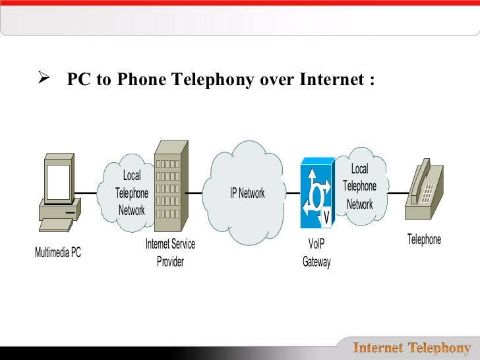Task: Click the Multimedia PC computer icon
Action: point(59,191)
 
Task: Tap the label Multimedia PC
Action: point(58,253)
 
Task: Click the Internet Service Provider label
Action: point(170,253)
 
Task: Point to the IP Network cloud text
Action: point(247,193)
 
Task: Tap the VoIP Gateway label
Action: point(316,253)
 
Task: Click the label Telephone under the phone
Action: point(424,239)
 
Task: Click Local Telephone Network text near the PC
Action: point(132,193)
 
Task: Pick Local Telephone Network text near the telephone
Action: point(359,187)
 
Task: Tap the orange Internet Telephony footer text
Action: point(413,348)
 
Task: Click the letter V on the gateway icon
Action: point(326,218)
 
